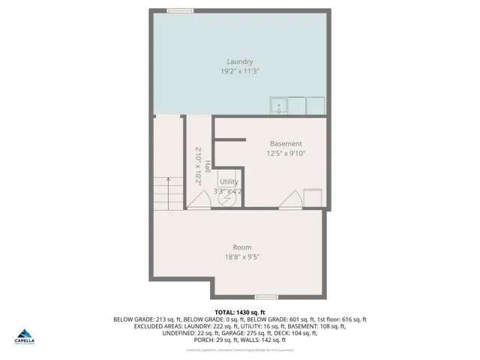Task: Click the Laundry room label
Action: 240,61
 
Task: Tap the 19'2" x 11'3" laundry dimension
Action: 240,71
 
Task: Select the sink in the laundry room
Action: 278,106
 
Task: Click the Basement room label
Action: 286,143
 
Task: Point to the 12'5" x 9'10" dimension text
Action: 286,153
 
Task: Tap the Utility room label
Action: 229,181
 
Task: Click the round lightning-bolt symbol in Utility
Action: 229,195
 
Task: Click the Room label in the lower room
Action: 241,247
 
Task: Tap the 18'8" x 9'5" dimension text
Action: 241,256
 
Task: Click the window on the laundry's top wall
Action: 180,10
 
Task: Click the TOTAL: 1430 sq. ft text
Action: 240,311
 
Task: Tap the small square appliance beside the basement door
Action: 313,197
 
